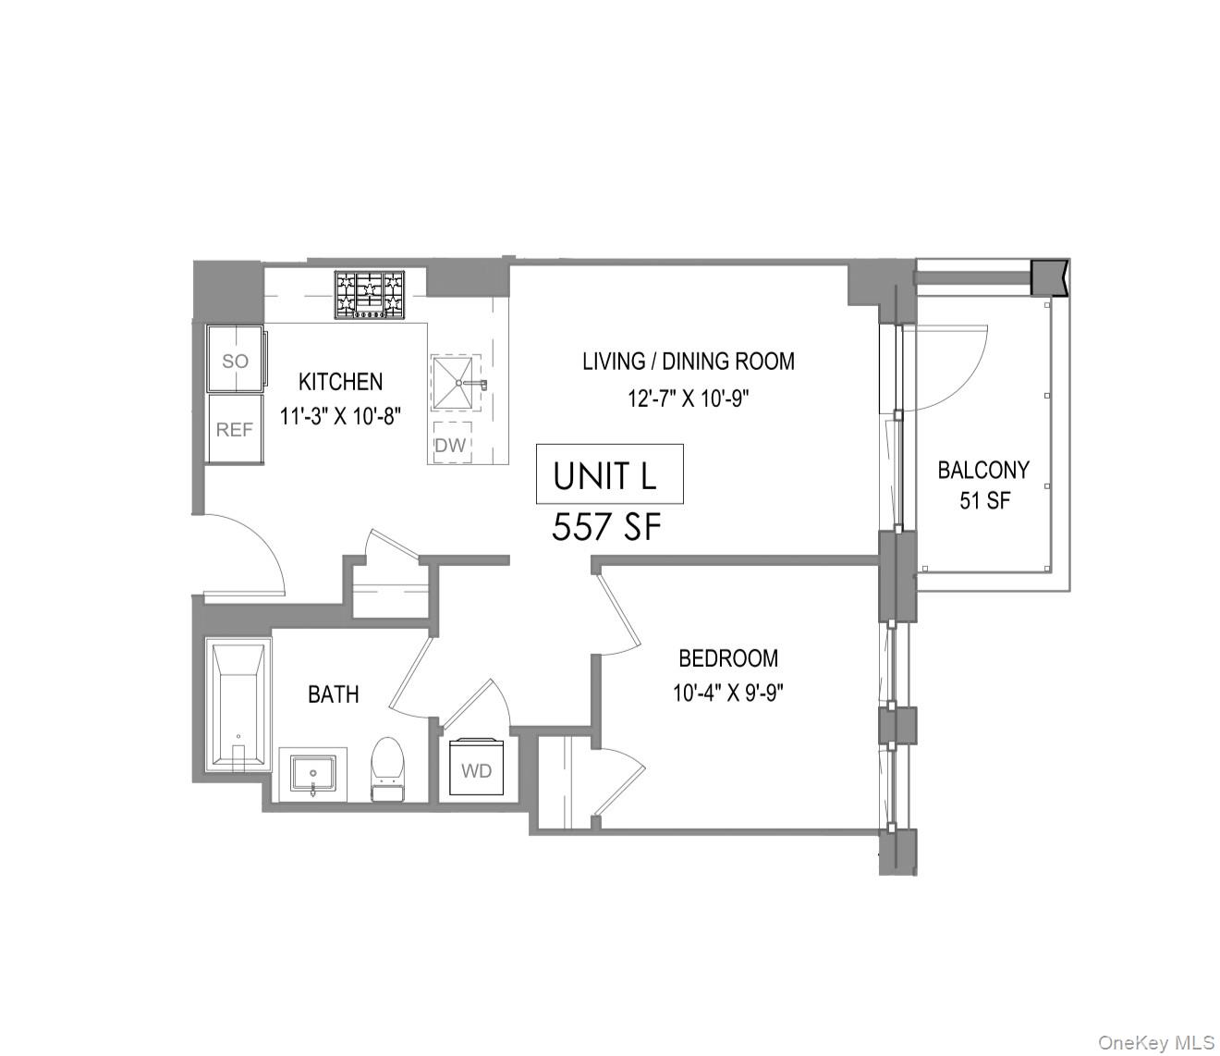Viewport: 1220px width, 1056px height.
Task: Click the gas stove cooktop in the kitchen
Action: (x=370, y=294)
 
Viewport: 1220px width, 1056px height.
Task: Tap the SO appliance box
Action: (x=235, y=360)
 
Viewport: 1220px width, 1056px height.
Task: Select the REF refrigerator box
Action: (x=235, y=429)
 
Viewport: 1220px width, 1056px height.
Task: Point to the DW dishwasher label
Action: (x=451, y=445)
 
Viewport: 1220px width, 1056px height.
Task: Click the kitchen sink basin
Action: (x=457, y=382)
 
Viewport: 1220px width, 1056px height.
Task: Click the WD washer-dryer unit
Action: (x=477, y=768)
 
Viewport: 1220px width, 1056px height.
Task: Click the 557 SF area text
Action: (x=607, y=528)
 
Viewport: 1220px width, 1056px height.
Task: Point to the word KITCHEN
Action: (x=340, y=382)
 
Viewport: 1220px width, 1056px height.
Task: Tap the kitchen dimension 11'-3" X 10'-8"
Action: (x=340, y=416)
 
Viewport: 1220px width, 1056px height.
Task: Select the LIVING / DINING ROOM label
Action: (x=689, y=362)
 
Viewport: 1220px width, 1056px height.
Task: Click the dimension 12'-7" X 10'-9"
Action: (x=689, y=399)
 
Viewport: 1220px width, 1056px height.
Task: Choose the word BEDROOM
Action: (x=728, y=658)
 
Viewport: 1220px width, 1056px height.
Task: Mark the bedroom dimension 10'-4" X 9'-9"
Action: (x=728, y=693)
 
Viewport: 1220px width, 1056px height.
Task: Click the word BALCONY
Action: (x=983, y=470)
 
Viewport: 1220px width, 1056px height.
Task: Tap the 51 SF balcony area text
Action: (x=984, y=501)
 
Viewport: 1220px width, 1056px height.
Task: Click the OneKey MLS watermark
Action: (x=1155, y=1042)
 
